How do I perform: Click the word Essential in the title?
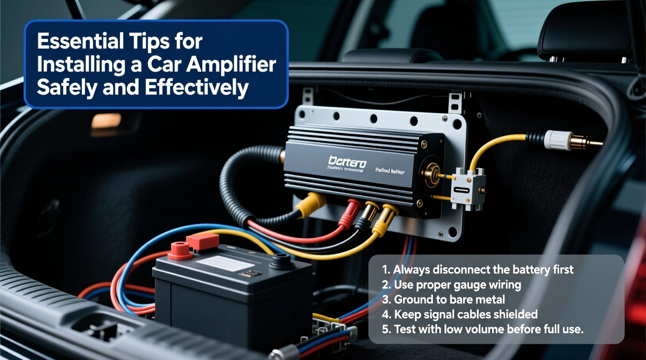point(81,41)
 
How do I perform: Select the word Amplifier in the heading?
point(231,64)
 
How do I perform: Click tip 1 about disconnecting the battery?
point(478,270)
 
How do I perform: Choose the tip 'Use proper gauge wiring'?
point(452,285)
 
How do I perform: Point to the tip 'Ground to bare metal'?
point(444,299)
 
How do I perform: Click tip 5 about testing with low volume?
point(483,329)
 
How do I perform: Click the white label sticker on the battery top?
point(225,264)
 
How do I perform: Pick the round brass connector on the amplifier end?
point(431,175)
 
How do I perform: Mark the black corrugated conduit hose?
point(233,182)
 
